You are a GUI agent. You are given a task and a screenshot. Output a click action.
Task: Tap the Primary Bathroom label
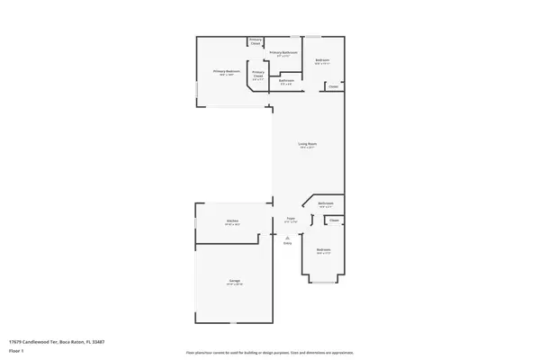(283, 53)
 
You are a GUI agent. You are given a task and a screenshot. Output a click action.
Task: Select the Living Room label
(308, 144)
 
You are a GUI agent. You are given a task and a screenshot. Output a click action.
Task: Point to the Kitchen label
(207, 221)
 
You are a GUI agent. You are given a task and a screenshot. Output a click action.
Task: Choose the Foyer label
(291, 218)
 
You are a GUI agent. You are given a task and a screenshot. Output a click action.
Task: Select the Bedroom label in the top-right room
(322, 61)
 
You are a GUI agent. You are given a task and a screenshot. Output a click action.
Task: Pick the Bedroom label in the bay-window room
(323, 249)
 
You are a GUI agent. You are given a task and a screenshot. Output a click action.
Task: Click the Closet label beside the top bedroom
(333, 87)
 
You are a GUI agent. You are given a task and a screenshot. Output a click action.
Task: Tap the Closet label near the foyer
(333, 220)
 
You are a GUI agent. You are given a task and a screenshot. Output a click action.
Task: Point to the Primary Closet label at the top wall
(256, 41)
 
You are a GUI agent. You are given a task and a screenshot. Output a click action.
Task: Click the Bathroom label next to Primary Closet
(286, 81)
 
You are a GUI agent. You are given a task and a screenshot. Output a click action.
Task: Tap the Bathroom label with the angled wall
(326, 203)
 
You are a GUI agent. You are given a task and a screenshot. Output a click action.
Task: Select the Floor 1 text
(16, 349)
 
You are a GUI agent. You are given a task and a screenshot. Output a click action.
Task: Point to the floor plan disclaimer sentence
(270, 353)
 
